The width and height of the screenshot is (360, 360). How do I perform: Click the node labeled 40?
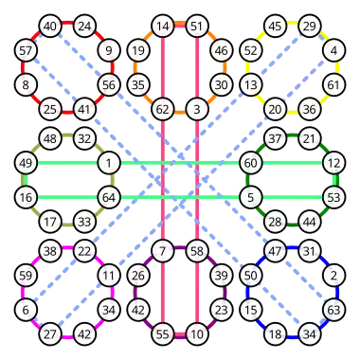click(50, 26)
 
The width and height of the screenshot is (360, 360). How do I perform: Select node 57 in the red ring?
click(26, 50)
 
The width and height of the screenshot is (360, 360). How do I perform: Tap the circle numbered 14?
click(163, 26)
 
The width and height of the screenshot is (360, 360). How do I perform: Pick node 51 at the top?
click(197, 26)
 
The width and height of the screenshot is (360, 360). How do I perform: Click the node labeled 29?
click(310, 26)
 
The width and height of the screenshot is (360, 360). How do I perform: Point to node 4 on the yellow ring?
click(333, 50)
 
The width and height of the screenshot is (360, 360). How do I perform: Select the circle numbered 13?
click(251, 84)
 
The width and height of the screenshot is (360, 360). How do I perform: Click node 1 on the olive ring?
click(109, 163)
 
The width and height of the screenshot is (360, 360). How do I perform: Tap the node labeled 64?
click(109, 197)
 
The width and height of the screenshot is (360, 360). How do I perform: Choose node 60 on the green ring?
click(251, 163)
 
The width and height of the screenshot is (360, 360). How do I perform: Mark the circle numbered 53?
click(333, 197)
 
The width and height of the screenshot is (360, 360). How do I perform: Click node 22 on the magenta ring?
click(84, 251)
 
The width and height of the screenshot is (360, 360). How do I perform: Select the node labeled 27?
click(50, 334)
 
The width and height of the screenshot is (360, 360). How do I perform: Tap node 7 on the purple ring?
click(163, 251)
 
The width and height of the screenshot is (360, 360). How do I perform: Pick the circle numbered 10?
click(197, 334)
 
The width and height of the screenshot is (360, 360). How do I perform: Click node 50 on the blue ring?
click(251, 276)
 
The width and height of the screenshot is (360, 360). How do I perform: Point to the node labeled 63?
click(333, 310)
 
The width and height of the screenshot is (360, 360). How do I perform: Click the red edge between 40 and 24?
click(67, 23)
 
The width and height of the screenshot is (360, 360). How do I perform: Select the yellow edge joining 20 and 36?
click(293, 112)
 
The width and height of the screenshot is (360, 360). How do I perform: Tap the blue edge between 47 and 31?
click(293, 248)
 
